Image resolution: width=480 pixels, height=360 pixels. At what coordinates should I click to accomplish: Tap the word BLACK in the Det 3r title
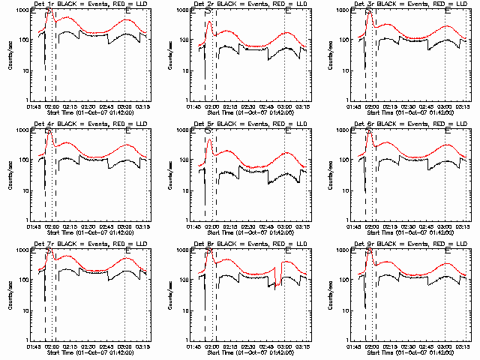[x=388, y=5]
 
